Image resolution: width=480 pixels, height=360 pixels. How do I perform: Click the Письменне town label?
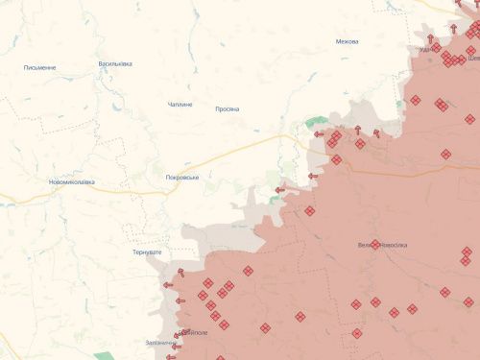coord(39,68)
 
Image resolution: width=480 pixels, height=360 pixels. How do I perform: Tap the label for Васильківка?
coord(115,64)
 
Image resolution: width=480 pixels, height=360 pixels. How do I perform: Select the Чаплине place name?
coord(180,104)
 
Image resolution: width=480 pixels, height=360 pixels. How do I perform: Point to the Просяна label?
coord(228,108)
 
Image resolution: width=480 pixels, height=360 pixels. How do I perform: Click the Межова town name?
coord(348,41)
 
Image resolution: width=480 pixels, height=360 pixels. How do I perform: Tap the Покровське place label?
coord(182,178)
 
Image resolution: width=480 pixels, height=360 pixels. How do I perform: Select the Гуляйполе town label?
coord(192,332)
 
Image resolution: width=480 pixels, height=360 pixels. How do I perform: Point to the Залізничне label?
coord(159,343)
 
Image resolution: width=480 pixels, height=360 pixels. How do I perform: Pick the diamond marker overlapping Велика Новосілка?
coord(374,244)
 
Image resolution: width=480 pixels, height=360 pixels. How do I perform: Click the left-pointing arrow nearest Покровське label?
coord(279,190)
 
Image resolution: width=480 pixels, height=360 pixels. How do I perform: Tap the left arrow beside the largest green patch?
coord(319,134)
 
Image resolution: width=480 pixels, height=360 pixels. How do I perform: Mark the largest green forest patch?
coord(315,123)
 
